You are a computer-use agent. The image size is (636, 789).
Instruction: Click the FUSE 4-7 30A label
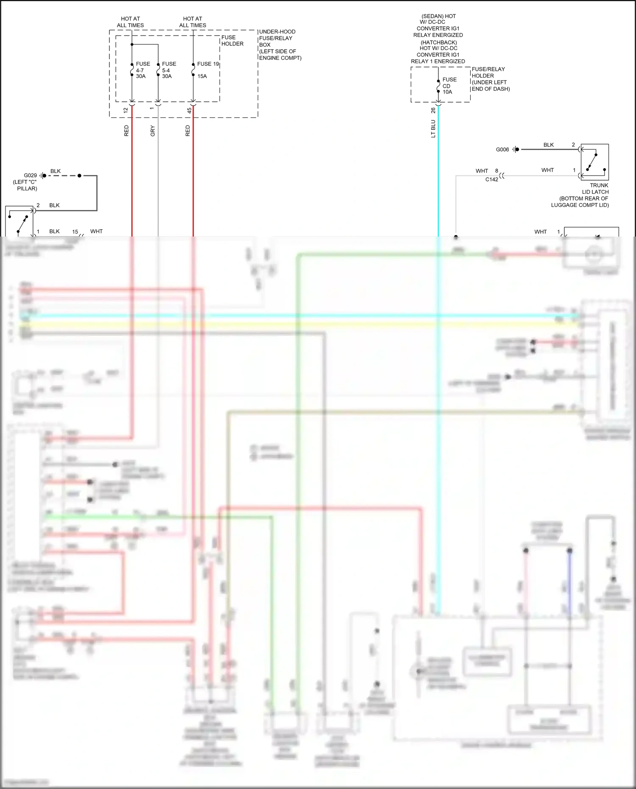pyautogui.click(x=142, y=70)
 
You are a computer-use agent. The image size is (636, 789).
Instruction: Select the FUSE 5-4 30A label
pyautogui.click(x=169, y=70)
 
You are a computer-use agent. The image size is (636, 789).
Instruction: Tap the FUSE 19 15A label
pyautogui.click(x=207, y=70)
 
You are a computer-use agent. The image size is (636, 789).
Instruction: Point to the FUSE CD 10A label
pyautogui.click(x=449, y=86)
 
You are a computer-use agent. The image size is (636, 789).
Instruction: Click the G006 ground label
pyautogui.click(x=502, y=150)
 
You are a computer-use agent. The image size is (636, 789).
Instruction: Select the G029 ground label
pyautogui.click(x=30, y=176)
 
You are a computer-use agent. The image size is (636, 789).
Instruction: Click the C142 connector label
pyautogui.click(x=492, y=179)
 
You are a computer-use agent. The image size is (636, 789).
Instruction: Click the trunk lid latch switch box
pyautogui.click(x=594, y=162)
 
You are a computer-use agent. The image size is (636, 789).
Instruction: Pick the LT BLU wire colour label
pyautogui.click(x=433, y=129)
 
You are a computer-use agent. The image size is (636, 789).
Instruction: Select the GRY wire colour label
pyautogui.click(x=153, y=131)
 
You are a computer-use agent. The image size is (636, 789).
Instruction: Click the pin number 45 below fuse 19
pyautogui.click(x=189, y=110)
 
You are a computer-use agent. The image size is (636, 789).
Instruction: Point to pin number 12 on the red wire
pyautogui.click(x=126, y=110)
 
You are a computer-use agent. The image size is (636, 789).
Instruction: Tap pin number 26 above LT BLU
pyautogui.click(x=433, y=110)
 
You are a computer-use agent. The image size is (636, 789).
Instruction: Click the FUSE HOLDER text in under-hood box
pyautogui.click(x=232, y=41)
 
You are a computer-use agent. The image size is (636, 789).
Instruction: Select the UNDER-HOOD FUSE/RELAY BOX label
pyautogui.click(x=280, y=45)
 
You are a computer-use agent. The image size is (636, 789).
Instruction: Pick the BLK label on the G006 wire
pyautogui.click(x=549, y=145)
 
